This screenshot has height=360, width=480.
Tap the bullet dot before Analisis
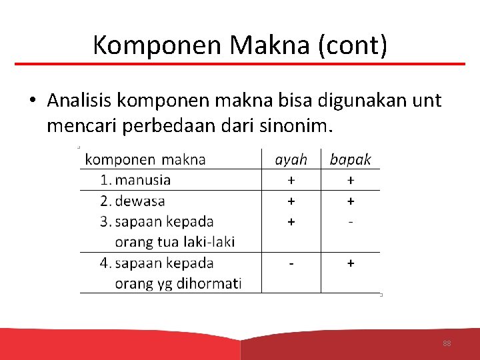[32, 101]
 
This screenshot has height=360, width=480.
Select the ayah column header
[291, 159]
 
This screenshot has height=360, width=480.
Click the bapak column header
[351, 159]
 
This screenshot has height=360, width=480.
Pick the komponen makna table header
[146, 159]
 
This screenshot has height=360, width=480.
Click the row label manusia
[143, 180]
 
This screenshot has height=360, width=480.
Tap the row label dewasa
[140, 201]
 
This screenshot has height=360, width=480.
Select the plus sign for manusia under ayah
[291, 180]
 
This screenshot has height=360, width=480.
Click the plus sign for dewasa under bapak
[351, 201]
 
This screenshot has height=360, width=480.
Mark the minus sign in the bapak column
[351, 221]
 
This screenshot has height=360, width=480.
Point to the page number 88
[447, 343]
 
